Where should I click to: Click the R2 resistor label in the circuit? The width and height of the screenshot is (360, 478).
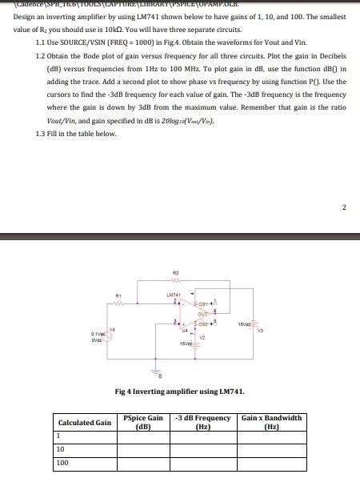tap(175, 274)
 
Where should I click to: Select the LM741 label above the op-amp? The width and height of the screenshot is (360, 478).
tap(174, 295)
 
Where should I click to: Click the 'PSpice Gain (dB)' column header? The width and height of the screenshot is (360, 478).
tap(144, 422)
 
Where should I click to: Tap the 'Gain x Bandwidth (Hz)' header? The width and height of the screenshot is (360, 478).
tap(271, 422)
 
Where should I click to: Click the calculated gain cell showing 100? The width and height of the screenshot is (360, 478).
tap(62, 463)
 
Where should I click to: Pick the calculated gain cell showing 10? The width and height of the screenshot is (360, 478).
tap(60, 449)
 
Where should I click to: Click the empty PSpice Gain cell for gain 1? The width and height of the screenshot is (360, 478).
tap(144, 436)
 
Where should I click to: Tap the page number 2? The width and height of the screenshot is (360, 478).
tap(345, 208)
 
